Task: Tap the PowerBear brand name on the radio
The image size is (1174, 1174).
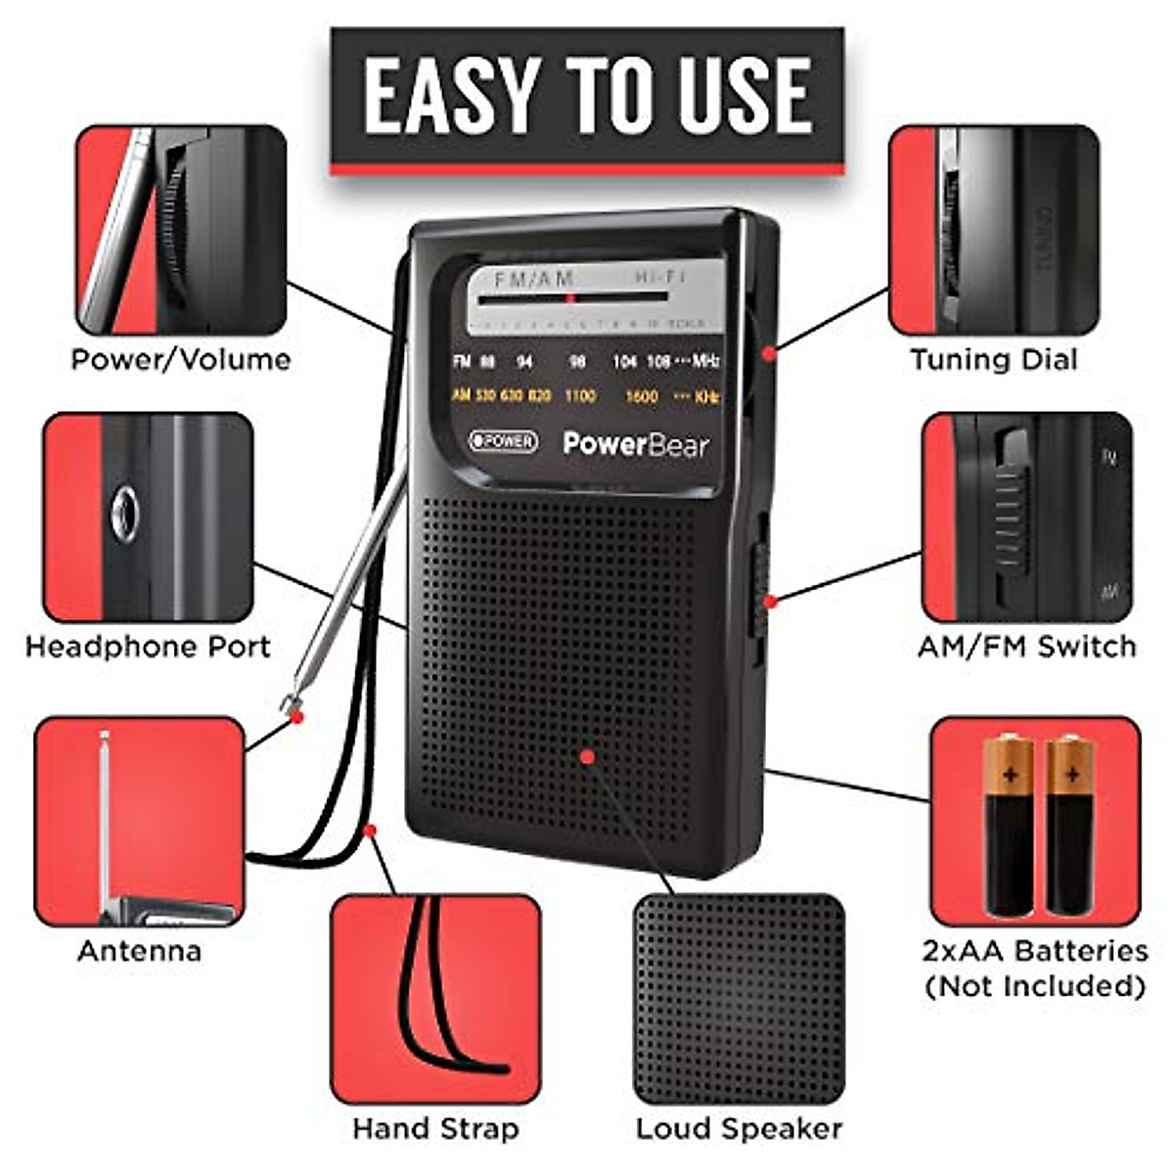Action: (636, 444)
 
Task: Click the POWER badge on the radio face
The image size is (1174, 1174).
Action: (503, 441)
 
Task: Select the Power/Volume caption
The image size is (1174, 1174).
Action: (181, 359)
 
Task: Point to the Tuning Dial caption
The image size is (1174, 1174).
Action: (993, 359)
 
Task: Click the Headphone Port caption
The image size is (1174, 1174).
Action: (148, 647)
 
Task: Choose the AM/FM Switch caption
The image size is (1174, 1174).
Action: (1026, 647)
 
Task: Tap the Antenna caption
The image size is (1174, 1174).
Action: (139, 951)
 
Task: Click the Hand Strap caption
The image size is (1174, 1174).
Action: (435, 1129)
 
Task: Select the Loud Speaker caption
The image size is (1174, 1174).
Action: (739, 1129)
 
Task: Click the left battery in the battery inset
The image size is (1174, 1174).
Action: (1009, 827)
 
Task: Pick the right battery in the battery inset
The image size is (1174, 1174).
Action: (1070, 827)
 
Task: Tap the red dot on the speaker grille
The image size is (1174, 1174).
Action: (587, 756)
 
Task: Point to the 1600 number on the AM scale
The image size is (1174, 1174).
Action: (642, 396)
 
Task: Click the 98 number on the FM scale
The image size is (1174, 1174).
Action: (578, 362)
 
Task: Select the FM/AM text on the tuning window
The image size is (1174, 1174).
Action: (533, 280)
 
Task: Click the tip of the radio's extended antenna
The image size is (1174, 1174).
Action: (290, 703)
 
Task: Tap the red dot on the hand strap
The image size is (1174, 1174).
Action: (370, 831)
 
